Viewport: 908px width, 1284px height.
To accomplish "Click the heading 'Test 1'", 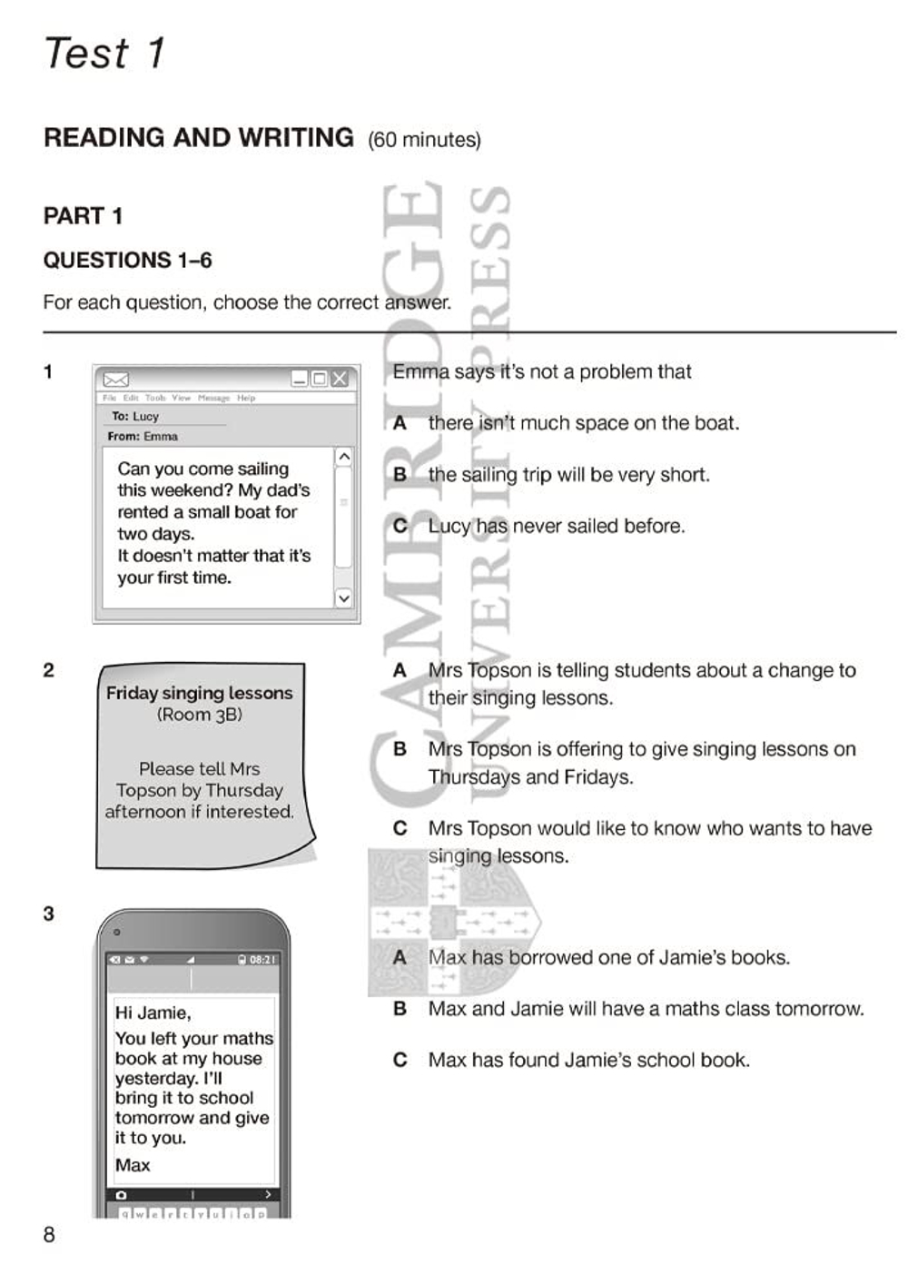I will click(104, 53).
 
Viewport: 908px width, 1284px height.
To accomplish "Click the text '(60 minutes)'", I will click(424, 140).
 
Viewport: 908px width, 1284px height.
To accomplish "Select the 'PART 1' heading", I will click(83, 216).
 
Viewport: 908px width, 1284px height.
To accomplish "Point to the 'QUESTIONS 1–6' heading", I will click(127, 261).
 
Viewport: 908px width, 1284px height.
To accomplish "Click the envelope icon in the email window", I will click(116, 379).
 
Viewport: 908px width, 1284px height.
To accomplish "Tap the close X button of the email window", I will click(340, 379).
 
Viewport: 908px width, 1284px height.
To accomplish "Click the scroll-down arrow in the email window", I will click(343, 598).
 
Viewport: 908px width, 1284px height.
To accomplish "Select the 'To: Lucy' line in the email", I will click(135, 417).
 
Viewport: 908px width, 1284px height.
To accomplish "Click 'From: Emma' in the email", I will click(143, 437).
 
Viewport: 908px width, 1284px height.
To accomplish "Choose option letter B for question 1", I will click(400, 475).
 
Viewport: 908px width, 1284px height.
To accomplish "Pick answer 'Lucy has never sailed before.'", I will click(556, 527).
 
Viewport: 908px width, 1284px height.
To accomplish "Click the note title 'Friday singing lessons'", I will click(199, 693).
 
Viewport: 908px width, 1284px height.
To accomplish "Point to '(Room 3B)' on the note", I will click(199, 715).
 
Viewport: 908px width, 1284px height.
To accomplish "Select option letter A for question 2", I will click(400, 671).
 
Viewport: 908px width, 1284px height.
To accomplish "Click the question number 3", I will click(49, 914).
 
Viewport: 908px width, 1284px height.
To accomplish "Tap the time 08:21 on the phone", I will click(262, 960).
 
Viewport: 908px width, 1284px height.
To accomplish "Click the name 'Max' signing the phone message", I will click(133, 1165).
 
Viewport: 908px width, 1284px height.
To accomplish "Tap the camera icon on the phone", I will click(121, 1195).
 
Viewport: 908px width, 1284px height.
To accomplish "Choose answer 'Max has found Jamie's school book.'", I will click(588, 1061).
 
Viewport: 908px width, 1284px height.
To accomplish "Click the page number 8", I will click(49, 1235).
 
